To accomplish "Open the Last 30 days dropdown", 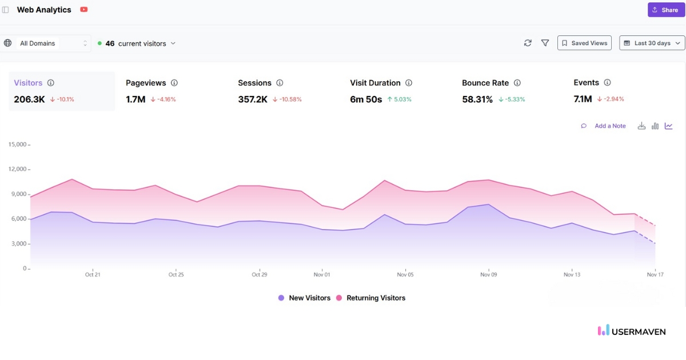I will (652, 43).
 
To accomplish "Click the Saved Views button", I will (584, 43).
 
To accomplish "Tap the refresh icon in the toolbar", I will (528, 43).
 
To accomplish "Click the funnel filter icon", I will (545, 43).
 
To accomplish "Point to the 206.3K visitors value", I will (29, 99).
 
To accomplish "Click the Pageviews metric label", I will (146, 83).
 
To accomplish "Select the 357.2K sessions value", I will (253, 99).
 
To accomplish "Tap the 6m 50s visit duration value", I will (366, 99).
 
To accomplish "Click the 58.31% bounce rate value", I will (477, 99).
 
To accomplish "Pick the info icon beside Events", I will (607, 83).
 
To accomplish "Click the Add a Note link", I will (610, 126).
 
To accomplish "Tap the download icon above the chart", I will (641, 126).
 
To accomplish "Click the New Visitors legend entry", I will (304, 298).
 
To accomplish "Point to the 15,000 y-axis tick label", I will (18, 145).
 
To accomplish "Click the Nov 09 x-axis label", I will (489, 275).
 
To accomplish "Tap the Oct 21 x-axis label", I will (93, 275).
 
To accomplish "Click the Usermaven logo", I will (632, 331).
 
